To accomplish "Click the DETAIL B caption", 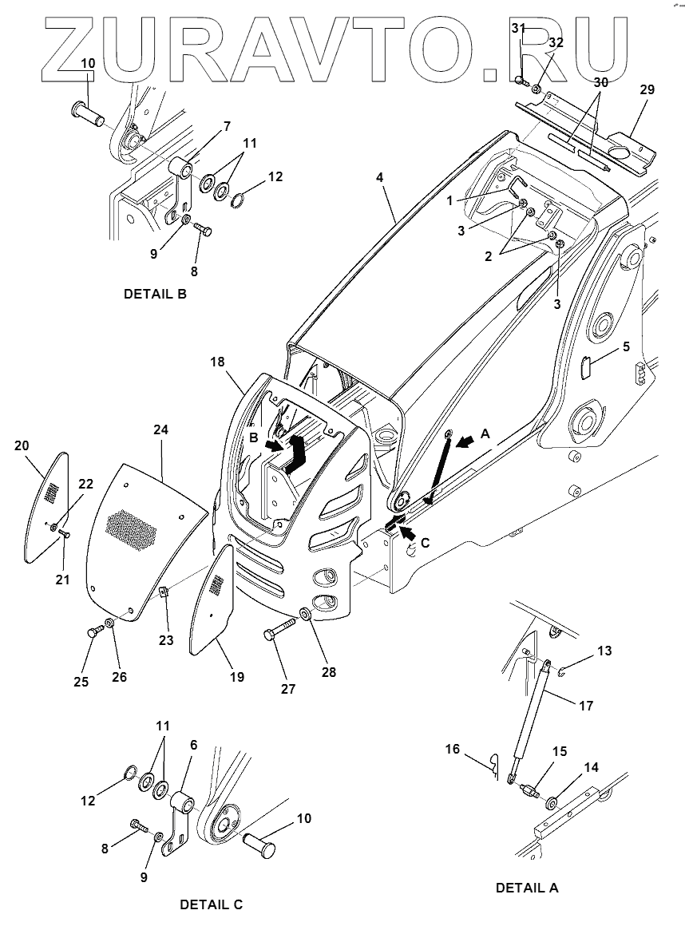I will point(155,294).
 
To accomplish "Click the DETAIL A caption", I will point(527,888).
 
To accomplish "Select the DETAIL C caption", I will point(211,904).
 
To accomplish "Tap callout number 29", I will point(647,89).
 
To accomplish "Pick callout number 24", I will point(162,430).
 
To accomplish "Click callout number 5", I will point(626,346).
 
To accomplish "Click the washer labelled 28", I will point(306,615).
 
